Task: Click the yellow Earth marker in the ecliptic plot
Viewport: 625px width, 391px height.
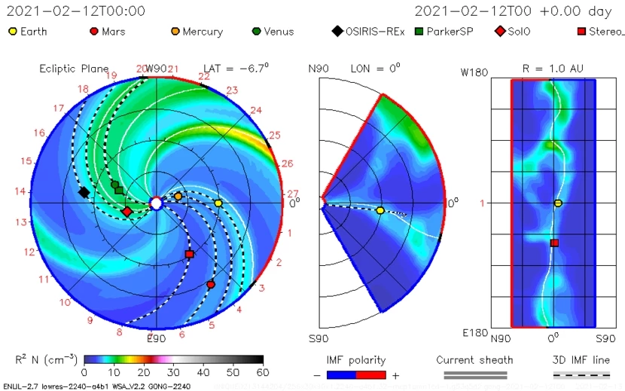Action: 218,203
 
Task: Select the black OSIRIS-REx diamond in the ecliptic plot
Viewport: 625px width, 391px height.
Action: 84,192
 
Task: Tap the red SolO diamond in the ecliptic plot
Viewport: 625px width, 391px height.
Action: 127,212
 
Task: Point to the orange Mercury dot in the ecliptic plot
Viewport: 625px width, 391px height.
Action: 178,196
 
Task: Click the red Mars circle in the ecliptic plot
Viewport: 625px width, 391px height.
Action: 211,285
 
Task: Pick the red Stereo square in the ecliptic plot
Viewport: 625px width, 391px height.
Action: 189,255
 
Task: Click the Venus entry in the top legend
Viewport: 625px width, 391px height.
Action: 278,32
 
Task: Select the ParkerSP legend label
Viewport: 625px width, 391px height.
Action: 455,32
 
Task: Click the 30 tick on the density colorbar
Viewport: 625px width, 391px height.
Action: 174,372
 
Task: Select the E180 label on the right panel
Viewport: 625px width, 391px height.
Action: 475,332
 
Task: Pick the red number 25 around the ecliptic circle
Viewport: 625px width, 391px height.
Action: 275,135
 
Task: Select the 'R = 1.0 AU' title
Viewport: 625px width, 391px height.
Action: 552,68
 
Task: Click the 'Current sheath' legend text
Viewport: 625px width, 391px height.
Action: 474,360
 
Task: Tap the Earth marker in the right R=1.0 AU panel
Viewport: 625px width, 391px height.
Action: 558,203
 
